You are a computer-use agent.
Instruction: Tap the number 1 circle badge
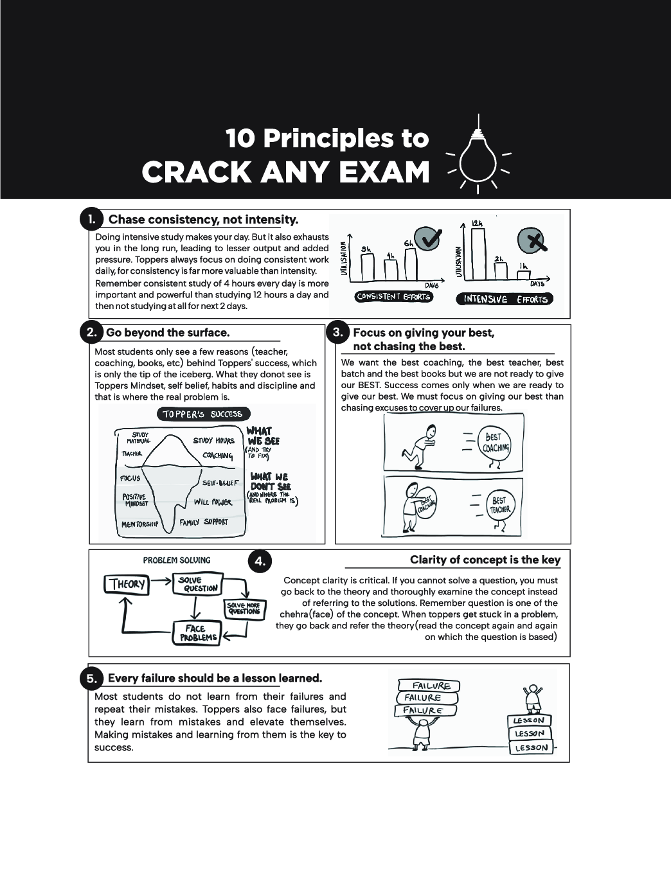tap(91, 219)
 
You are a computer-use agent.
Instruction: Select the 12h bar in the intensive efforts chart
tap(478, 254)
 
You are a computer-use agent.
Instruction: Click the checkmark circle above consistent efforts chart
tap(427, 240)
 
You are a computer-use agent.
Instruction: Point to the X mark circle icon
tap(532, 241)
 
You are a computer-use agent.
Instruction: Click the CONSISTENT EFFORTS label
tap(393, 297)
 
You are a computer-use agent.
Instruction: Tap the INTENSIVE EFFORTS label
tap(505, 299)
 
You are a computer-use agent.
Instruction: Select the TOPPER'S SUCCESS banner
tap(203, 414)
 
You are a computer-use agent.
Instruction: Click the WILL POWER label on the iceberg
tap(213, 502)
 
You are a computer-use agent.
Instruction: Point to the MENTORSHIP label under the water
tap(140, 524)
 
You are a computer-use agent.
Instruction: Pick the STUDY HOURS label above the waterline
tap(213, 441)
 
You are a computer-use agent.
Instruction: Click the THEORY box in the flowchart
tap(126, 584)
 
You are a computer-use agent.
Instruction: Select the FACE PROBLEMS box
tap(196, 633)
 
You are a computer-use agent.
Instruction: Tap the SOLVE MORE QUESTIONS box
tap(244, 609)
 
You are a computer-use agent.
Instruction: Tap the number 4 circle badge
tap(260, 561)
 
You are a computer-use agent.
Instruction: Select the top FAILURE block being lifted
tap(429, 686)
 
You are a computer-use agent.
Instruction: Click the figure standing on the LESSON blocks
tap(532, 699)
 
